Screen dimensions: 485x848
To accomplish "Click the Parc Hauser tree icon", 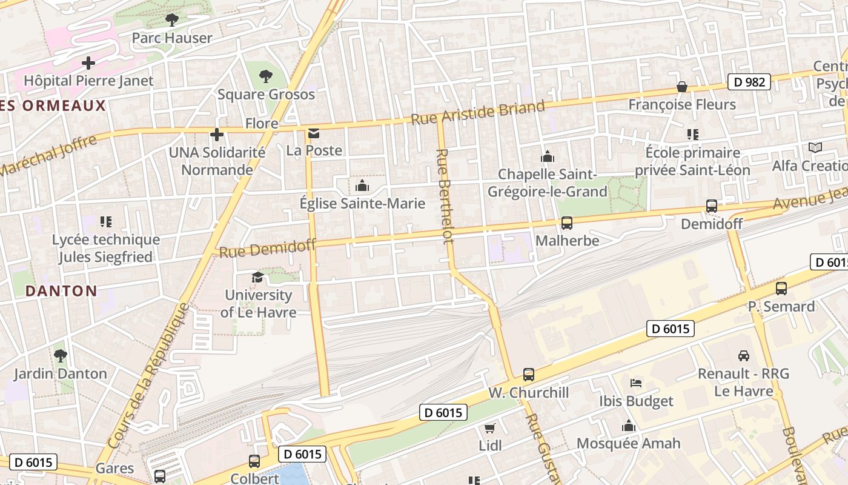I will [172, 20].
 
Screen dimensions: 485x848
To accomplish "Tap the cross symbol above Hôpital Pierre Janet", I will [88, 62].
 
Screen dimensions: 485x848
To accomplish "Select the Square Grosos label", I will [266, 95].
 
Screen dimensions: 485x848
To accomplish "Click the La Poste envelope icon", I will [314, 133].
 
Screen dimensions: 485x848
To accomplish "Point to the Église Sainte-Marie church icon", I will [362, 186].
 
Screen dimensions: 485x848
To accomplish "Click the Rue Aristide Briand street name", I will [478, 113].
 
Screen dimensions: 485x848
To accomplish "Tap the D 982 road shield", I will [749, 82].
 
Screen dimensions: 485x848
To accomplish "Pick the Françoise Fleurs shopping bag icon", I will [682, 87].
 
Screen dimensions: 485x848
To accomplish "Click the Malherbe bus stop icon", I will [567, 223].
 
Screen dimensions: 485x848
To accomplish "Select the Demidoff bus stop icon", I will [712, 206].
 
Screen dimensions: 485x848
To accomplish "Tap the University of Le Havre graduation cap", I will [257, 278].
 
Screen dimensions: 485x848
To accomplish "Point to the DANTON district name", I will [61, 291].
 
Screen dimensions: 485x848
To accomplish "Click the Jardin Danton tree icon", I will [60, 356].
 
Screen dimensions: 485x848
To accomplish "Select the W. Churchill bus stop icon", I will [529, 375].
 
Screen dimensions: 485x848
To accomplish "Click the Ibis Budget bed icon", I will [636, 383].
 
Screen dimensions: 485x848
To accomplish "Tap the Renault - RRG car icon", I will [744, 356].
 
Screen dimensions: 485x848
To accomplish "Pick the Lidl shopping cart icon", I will [490, 428].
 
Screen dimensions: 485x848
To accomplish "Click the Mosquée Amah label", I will [628, 444].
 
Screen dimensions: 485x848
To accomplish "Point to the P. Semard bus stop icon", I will [781, 289].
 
